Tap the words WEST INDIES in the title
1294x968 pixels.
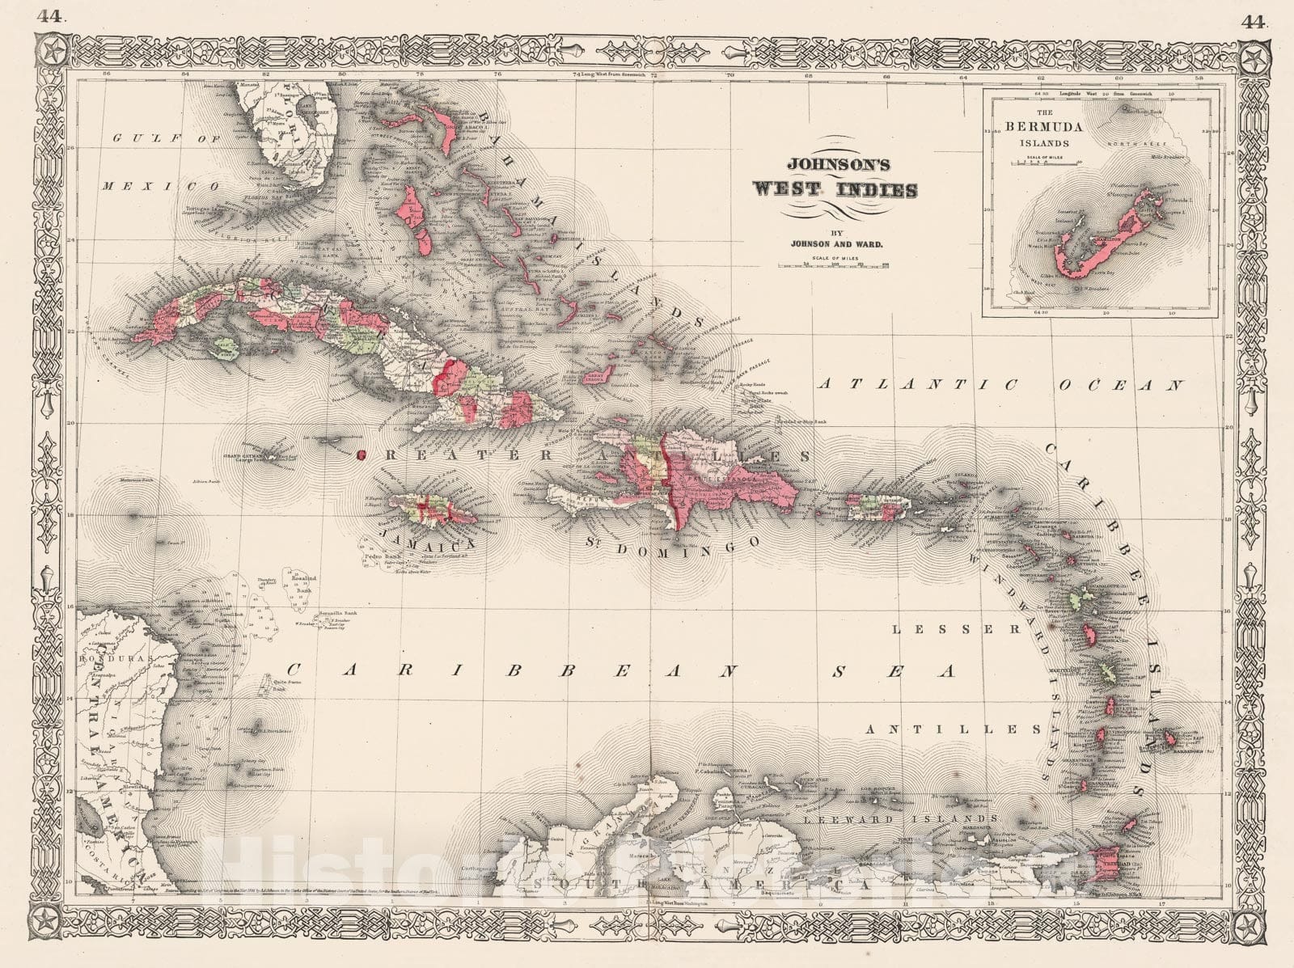[835, 191]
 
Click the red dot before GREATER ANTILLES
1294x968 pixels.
[361, 454]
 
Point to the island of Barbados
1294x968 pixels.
[1169, 738]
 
